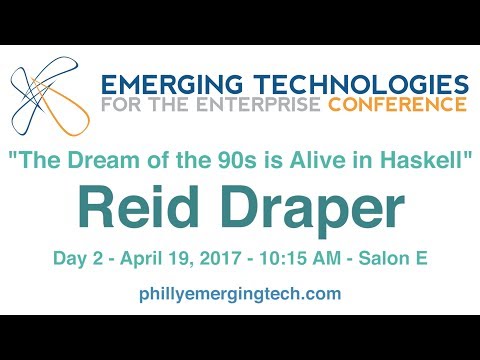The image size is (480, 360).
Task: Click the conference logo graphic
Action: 46,98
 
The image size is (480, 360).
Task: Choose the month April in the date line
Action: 146,259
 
